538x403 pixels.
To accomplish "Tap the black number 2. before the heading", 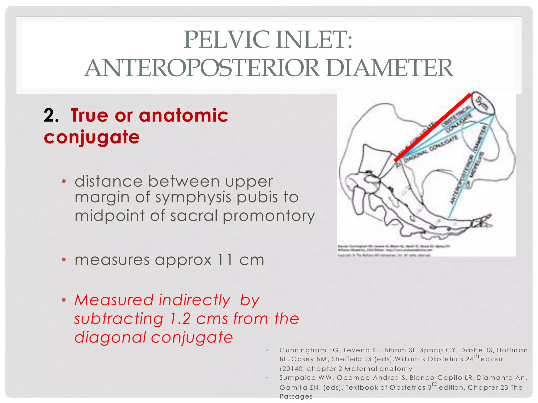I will pyautogui.click(x=51, y=115).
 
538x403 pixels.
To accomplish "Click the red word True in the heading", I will pyautogui.click(x=89, y=115).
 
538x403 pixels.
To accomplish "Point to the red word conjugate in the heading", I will pyautogui.click(x=92, y=137).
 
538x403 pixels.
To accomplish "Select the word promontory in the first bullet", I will pyautogui.click(x=268, y=216).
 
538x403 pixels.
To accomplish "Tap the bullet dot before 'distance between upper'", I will pyautogui.click(x=64, y=181).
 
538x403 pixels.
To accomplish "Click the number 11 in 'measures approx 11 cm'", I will pyautogui.click(x=225, y=260).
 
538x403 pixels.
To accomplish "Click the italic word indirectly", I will pyautogui.click(x=195, y=300).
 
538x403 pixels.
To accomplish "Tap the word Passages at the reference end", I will pyautogui.click(x=296, y=396).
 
